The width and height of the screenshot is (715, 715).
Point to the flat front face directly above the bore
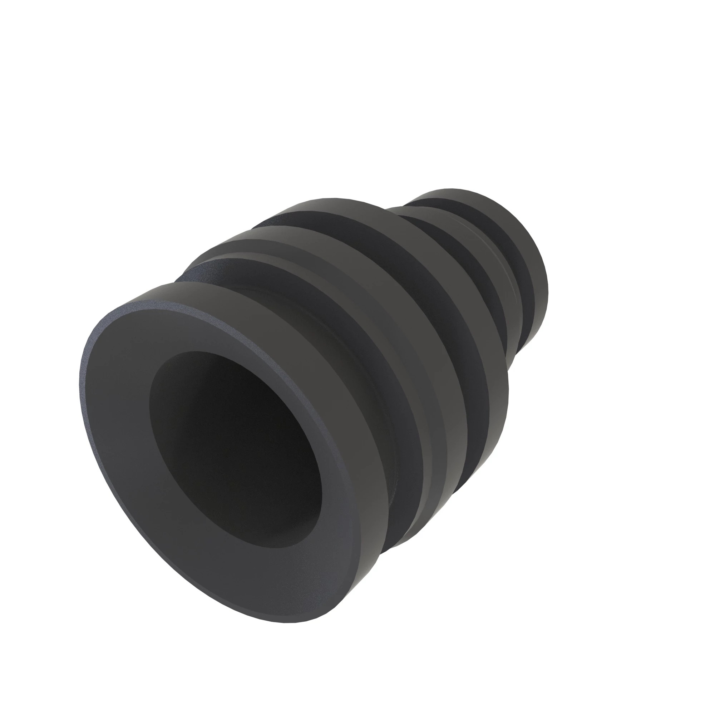207,329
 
